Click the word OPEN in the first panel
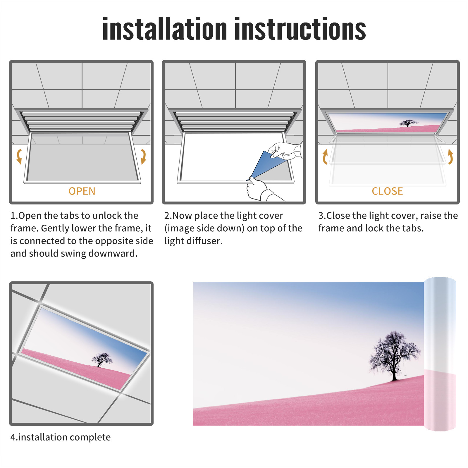coord(82,191)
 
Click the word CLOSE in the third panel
coord(387,191)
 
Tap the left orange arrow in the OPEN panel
coord(19,156)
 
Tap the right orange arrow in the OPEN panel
coord(143,156)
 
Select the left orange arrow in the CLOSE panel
coord(325,156)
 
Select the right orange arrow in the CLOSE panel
coord(450,156)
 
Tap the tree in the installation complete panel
coord(101,359)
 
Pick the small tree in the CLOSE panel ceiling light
coord(408,123)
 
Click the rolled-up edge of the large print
coord(440,354)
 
